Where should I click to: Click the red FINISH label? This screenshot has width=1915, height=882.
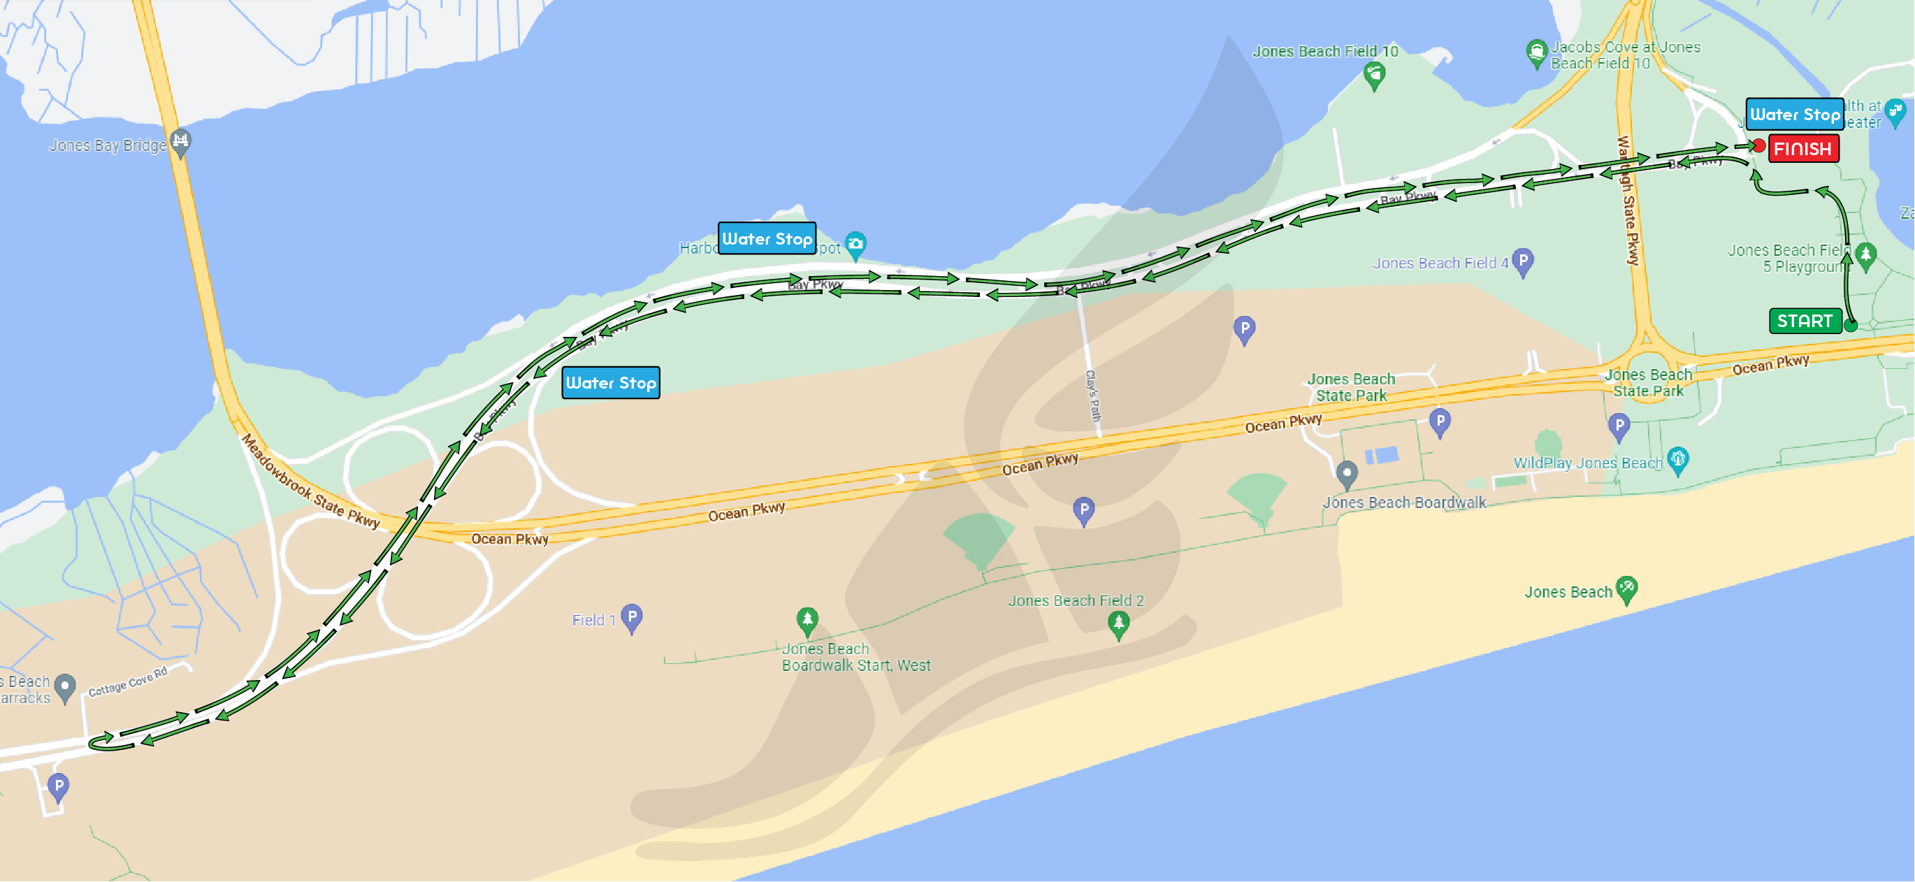[x=1802, y=149]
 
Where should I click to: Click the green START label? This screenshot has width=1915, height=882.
[x=1805, y=321]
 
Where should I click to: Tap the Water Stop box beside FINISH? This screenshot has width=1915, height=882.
[x=1794, y=115]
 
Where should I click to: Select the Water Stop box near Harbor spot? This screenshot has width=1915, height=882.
[x=767, y=239]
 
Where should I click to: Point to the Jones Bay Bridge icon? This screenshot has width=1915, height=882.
[x=180, y=141]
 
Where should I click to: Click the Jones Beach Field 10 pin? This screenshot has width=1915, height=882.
[x=1375, y=74]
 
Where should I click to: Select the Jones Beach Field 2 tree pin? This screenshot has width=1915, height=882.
[x=1118, y=623]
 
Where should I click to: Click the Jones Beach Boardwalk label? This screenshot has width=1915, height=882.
[x=1404, y=503]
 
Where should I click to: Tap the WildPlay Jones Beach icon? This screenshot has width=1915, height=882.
[x=1678, y=459]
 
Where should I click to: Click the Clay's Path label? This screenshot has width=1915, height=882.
[x=1093, y=395]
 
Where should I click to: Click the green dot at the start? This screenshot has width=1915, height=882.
[x=1850, y=325]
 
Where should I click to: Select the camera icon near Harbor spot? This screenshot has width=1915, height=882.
[x=855, y=243]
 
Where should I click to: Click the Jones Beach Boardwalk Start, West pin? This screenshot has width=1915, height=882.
[x=807, y=619]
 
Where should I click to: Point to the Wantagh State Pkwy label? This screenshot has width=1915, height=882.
[x=1628, y=201]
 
